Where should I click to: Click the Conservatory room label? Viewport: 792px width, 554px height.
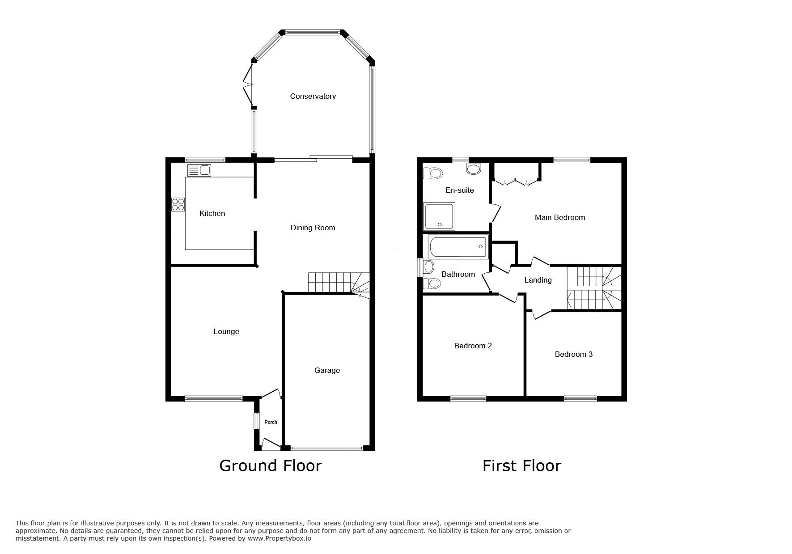pyautogui.click(x=313, y=96)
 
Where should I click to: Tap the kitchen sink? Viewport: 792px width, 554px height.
pyautogui.click(x=199, y=170)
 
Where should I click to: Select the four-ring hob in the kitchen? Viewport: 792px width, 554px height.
pyautogui.click(x=178, y=204)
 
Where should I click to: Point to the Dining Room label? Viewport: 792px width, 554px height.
pyautogui.click(x=313, y=228)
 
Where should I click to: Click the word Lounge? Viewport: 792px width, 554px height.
pyautogui.click(x=226, y=331)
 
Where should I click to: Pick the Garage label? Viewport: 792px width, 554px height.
pyautogui.click(x=327, y=370)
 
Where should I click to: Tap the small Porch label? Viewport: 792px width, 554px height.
pyautogui.click(x=271, y=422)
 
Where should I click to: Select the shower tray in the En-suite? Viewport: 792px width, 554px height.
pyautogui.click(x=439, y=216)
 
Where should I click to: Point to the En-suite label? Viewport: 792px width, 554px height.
pyautogui.click(x=460, y=190)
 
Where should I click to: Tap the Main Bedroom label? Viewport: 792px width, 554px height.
pyautogui.click(x=560, y=217)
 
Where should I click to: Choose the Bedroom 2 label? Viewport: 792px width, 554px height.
pyautogui.click(x=473, y=346)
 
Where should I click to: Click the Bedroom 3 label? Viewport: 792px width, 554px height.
pyautogui.click(x=574, y=354)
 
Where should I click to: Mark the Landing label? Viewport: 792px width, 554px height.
pyautogui.click(x=538, y=280)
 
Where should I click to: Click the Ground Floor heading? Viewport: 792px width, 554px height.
pyautogui.click(x=271, y=466)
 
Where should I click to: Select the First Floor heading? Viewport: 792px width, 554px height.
pyautogui.click(x=522, y=466)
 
